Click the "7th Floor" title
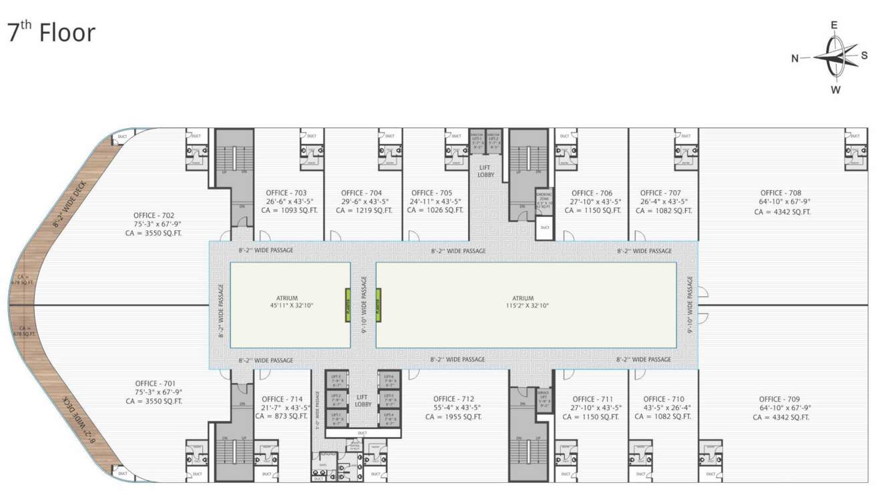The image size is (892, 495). [51, 33]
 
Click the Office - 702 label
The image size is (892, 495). [154, 215]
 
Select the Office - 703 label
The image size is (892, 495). [286, 193]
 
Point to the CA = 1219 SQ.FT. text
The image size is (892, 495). [362, 210]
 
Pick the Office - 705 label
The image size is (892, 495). [432, 193]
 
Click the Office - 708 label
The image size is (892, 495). [780, 193]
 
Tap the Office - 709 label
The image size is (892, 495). [780, 399]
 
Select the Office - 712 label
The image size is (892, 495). [453, 399]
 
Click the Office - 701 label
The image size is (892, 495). [155, 383]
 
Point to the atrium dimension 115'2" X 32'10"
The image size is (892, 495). [523, 306]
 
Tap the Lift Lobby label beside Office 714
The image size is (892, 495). [363, 400]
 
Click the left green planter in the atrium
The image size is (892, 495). [348, 305]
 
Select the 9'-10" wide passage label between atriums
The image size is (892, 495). [364, 305]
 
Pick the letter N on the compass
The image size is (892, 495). [795, 58]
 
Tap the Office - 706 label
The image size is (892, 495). [592, 193]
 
